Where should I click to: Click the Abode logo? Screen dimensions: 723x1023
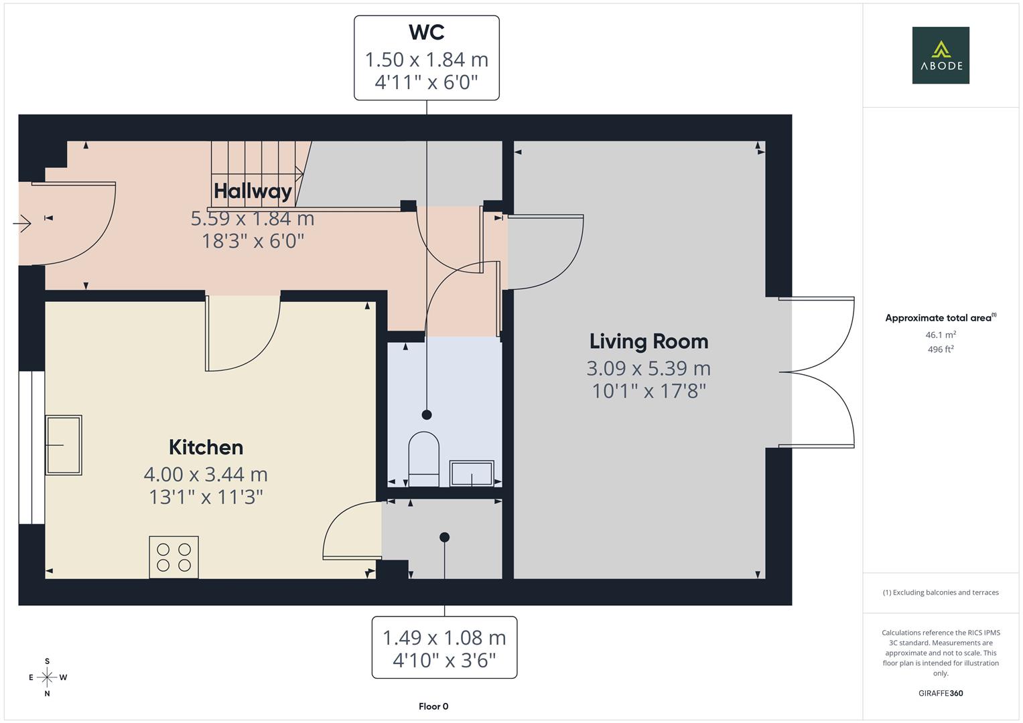940,55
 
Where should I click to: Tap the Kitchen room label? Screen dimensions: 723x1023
206,447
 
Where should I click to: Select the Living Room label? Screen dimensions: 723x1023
649,341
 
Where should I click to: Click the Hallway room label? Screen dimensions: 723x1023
253,191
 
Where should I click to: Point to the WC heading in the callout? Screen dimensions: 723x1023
426,32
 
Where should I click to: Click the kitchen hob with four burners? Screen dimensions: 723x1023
174,557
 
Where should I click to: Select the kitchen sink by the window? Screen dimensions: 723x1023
64,445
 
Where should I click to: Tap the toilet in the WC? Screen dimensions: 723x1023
423,459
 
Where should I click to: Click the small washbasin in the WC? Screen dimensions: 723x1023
472,473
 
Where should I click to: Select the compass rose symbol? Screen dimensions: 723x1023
47,677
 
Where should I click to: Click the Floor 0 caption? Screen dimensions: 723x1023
433,706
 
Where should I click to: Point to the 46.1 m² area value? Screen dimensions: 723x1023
940,335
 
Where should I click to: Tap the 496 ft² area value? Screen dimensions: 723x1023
940,349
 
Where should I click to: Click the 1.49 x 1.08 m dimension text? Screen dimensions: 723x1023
444,638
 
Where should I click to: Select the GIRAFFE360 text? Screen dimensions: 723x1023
940,693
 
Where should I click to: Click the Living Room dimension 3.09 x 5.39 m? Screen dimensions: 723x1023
649,368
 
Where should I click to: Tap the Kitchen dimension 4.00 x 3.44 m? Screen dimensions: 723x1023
206,475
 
